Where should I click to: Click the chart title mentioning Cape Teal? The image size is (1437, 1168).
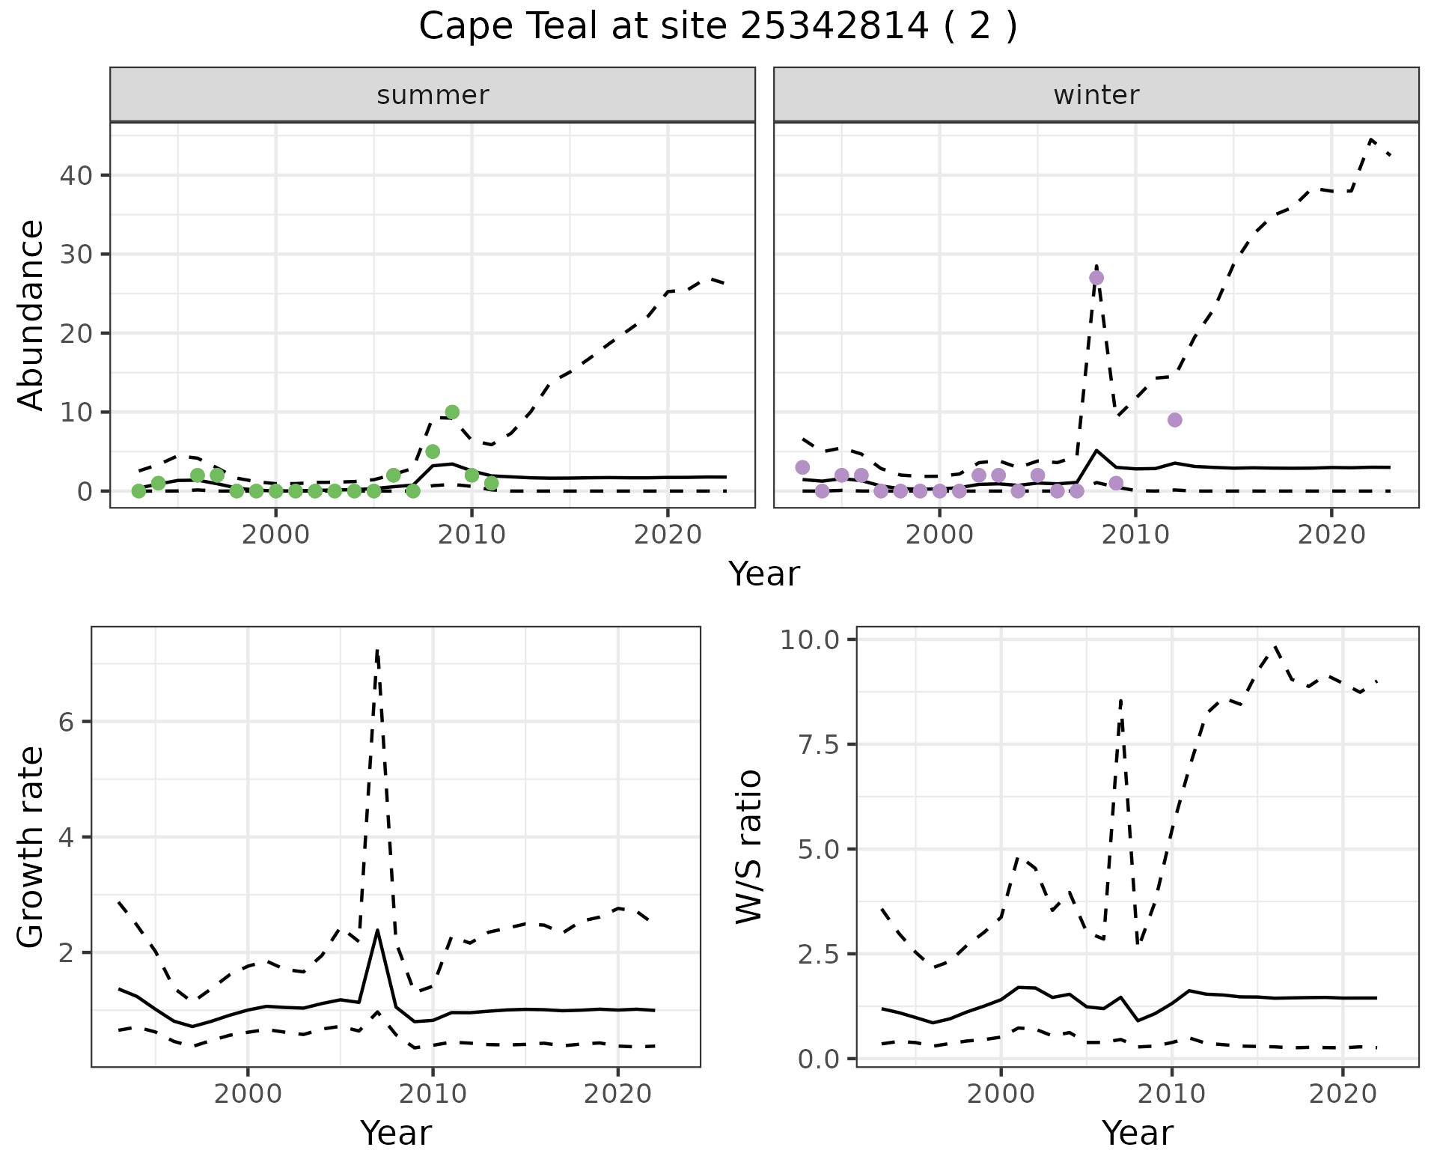[x=718, y=27]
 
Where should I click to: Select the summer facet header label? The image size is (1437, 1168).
[x=433, y=95]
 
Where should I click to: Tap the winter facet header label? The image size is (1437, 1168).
[x=1096, y=95]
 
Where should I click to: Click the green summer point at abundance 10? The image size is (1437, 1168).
[x=452, y=412]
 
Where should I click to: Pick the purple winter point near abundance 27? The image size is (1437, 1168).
[x=1096, y=278]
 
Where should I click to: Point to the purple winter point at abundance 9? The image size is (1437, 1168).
[x=1175, y=420]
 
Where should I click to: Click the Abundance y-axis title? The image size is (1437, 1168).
[x=31, y=314]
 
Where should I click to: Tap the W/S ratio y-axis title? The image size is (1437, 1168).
[x=748, y=846]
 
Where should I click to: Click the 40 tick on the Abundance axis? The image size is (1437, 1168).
[x=76, y=176]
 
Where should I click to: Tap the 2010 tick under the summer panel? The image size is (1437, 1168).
[x=472, y=535]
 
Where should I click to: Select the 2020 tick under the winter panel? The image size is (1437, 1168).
[x=1331, y=535]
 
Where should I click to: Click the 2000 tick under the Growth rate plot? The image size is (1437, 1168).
[x=248, y=1094]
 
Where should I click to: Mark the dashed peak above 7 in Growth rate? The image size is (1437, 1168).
[x=377, y=651]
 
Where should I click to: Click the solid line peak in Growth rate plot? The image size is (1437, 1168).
[x=378, y=931]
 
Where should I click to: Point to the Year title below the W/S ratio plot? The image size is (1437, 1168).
[x=1137, y=1133]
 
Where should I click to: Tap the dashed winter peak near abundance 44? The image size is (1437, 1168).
[x=1371, y=139]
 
